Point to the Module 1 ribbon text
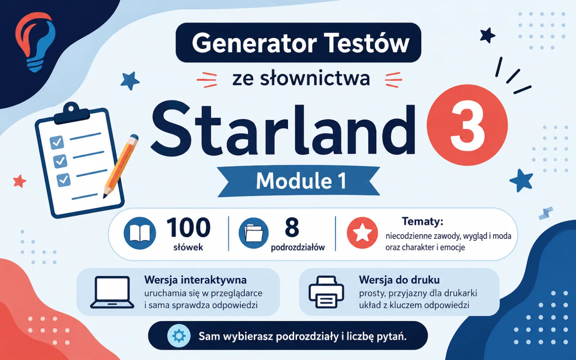click(301, 181)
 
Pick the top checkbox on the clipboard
click(57, 142)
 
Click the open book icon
click(140, 233)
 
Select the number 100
click(189, 228)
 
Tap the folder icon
click(253, 233)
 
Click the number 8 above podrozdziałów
click(292, 227)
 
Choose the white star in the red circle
click(362, 233)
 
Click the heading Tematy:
click(423, 221)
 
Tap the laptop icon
click(112, 292)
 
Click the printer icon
click(326, 292)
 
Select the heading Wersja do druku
click(399, 280)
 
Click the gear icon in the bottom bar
click(179, 336)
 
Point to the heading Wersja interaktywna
click(195, 280)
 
